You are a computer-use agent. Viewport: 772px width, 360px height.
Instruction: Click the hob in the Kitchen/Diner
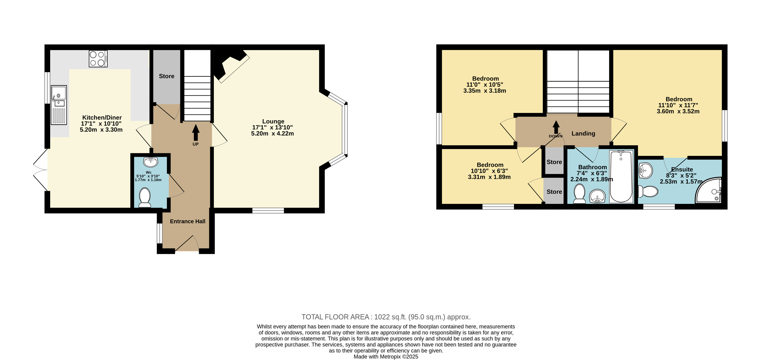(x=98, y=58)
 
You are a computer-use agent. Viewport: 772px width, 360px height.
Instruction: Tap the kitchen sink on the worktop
(x=59, y=105)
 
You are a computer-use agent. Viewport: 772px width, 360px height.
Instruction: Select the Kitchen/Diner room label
(x=102, y=117)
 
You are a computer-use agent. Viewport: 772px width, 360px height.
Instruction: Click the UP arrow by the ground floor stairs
(x=196, y=133)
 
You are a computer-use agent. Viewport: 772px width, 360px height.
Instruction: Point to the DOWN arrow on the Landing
(x=556, y=127)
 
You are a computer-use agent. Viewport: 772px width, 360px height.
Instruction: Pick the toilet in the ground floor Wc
(x=145, y=197)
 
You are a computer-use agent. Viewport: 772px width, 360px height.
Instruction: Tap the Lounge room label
(x=273, y=121)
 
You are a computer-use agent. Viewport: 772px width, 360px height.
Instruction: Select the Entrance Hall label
(x=188, y=221)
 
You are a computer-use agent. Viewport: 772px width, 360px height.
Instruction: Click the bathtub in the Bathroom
(x=621, y=177)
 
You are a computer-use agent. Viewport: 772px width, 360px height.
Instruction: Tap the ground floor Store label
(x=167, y=76)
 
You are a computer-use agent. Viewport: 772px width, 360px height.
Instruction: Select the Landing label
(x=583, y=133)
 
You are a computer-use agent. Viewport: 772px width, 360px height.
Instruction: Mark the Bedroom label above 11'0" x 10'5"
(x=485, y=79)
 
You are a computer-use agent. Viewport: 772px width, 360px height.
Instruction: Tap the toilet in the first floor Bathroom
(x=579, y=194)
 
